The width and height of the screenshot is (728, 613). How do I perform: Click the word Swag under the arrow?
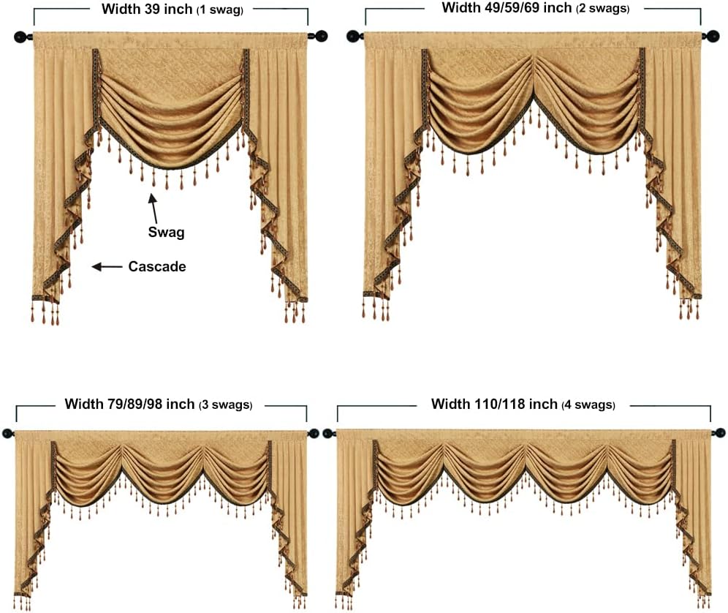[166, 233]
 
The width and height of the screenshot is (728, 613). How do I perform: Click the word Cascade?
[157, 266]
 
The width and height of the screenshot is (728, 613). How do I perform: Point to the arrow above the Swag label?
[153, 208]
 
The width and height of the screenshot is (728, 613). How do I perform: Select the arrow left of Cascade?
[107, 267]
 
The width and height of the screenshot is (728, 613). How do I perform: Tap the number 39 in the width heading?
[151, 9]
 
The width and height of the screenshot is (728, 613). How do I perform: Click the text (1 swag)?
[220, 10]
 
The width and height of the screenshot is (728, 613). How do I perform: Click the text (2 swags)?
[602, 8]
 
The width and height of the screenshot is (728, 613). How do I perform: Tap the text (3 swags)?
[226, 405]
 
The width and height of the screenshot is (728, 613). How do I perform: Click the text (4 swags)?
[588, 405]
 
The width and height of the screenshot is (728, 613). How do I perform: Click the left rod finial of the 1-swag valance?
[21, 37]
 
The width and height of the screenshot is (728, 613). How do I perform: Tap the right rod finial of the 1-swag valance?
[320, 36]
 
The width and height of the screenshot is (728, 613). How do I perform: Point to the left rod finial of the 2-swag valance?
[354, 36]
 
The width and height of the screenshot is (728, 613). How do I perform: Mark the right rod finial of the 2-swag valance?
[712, 36]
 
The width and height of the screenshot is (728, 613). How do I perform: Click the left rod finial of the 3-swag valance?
[8, 434]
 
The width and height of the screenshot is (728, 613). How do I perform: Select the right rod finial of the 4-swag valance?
[719, 433]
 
